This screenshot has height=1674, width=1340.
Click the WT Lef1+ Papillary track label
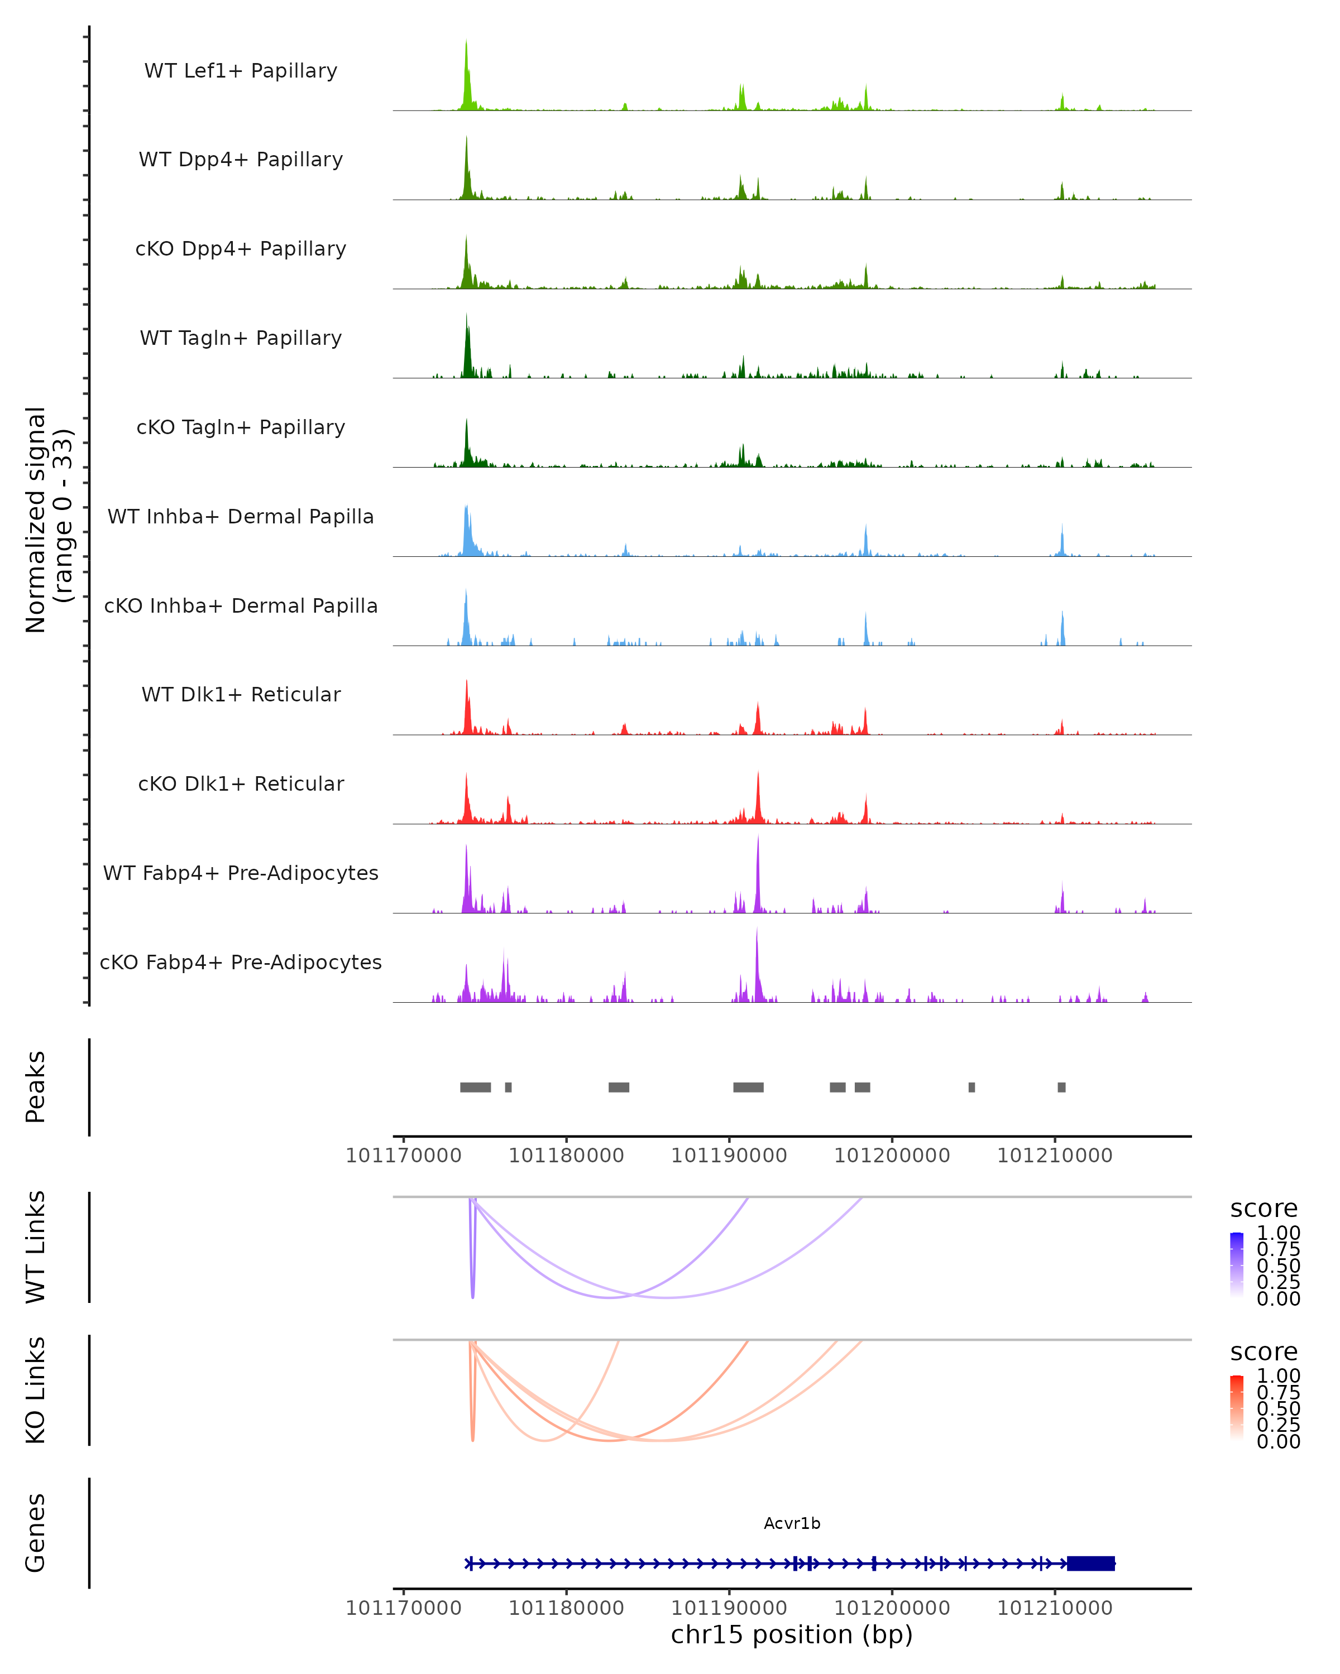point(241,71)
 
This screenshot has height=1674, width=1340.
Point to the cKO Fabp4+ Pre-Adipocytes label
point(241,962)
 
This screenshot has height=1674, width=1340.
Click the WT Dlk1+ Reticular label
point(241,694)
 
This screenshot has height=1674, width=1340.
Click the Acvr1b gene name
point(792,1523)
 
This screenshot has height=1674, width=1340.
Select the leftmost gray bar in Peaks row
point(475,1087)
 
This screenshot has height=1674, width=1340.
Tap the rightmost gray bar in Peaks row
point(1061,1087)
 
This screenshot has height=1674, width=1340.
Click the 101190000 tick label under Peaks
point(729,1156)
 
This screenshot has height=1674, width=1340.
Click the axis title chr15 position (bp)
point(792,1635)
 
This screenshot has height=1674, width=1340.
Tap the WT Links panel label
point(36,1246)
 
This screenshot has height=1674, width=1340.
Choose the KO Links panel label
point(36,1390)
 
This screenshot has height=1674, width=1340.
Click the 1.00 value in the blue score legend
point(1278,1233)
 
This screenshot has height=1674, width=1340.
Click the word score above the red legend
point(1264,1352)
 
